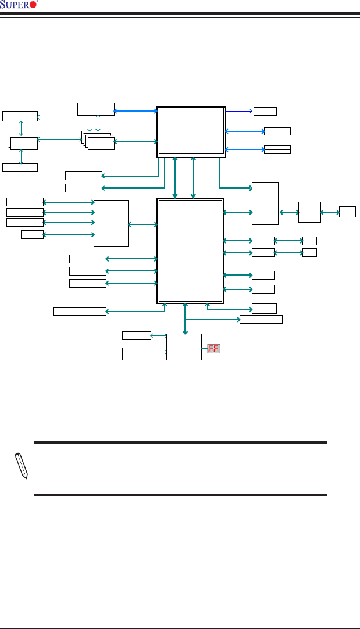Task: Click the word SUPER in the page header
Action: (x=15, y=5)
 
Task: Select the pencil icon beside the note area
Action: (x=21, y=466)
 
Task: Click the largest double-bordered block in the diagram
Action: (x=190, y=251)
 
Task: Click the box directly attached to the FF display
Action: (x=184, y=347)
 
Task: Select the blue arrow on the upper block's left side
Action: (x=136, y=110)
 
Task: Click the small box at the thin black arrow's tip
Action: (x=265, y=111)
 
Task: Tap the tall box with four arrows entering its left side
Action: (x=111, y=223)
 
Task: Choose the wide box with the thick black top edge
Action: (x=79, y=311)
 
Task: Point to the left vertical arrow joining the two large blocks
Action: (x=176, y=177)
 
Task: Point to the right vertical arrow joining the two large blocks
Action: (x=193, y=177)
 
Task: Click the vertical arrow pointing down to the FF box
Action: (x=185, y=319)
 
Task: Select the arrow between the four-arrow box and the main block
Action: (x=142, y=224)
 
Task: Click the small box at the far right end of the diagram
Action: (x=347, y=212)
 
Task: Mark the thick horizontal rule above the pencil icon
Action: (x=180, y=442)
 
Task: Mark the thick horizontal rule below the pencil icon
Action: (x=180, y=495)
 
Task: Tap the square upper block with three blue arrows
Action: (x=191, y=132)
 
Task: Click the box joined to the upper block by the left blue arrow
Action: (x=96, y=109)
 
